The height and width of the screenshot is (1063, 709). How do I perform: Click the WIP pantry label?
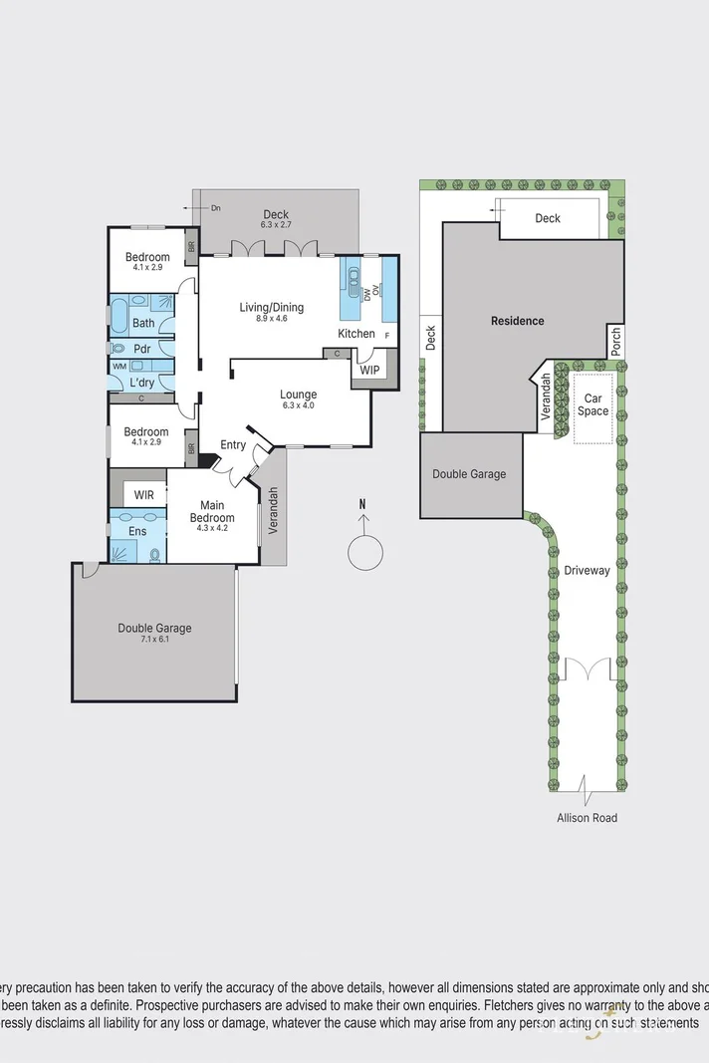click(370, 370)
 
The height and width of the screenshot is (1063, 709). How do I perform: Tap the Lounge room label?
click(298, 395)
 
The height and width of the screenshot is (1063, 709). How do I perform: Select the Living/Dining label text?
click(271, 307)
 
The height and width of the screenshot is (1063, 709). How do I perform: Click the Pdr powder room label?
click(141, 349)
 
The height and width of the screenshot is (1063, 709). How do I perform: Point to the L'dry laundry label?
click(141, 383)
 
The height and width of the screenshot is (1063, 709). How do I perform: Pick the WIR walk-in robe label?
click(143, 494)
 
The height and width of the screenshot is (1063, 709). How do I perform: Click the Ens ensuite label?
click(137, 531)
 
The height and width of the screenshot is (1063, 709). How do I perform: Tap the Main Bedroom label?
click(212, 511)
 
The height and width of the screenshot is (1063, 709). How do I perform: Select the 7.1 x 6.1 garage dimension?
click(154, 639)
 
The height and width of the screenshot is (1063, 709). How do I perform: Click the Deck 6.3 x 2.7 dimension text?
click(275, 225)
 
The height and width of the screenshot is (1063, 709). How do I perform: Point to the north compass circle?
click(364, 551)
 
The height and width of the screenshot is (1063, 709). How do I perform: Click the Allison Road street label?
click(587, 818)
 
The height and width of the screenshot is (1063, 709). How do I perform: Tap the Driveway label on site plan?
click(587, 571)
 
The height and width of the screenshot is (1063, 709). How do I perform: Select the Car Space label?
click(593, 403)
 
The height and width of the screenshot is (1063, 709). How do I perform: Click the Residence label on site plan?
click(517, 321)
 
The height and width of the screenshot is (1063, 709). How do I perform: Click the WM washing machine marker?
click(118, 366)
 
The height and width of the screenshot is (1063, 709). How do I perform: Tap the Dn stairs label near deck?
click(216, 207)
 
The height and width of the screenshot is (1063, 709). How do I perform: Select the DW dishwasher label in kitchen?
click(366, 293)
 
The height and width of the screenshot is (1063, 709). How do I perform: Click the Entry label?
click(233, 444)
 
